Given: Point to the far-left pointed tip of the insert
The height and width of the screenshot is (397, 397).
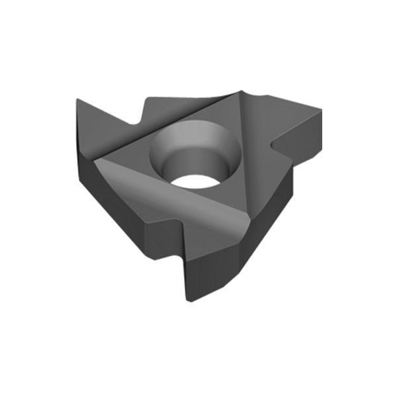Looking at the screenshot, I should (77, 100).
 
